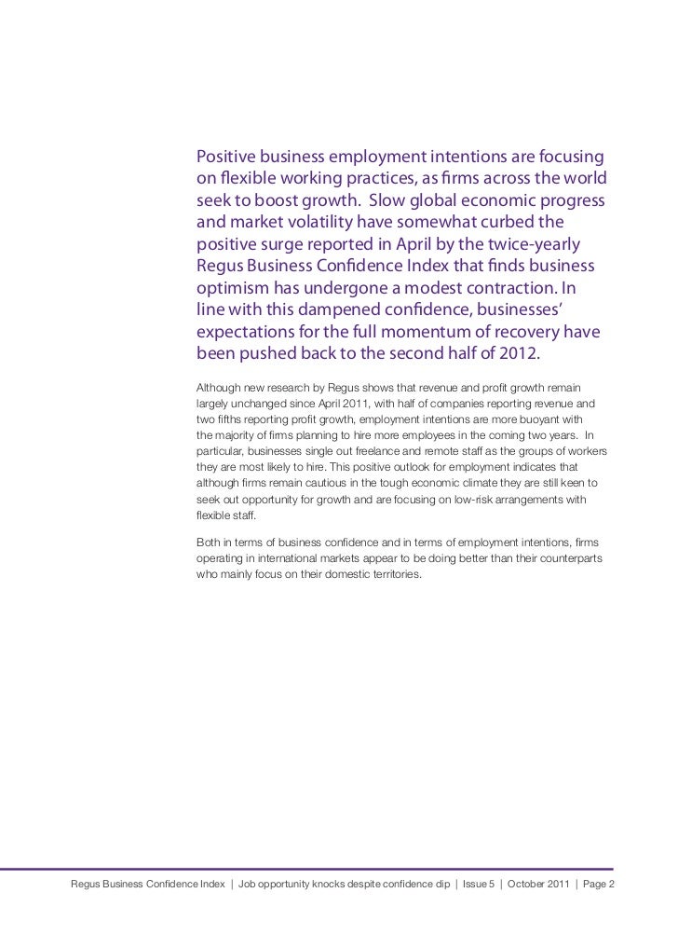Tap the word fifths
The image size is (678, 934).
(227, 419)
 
